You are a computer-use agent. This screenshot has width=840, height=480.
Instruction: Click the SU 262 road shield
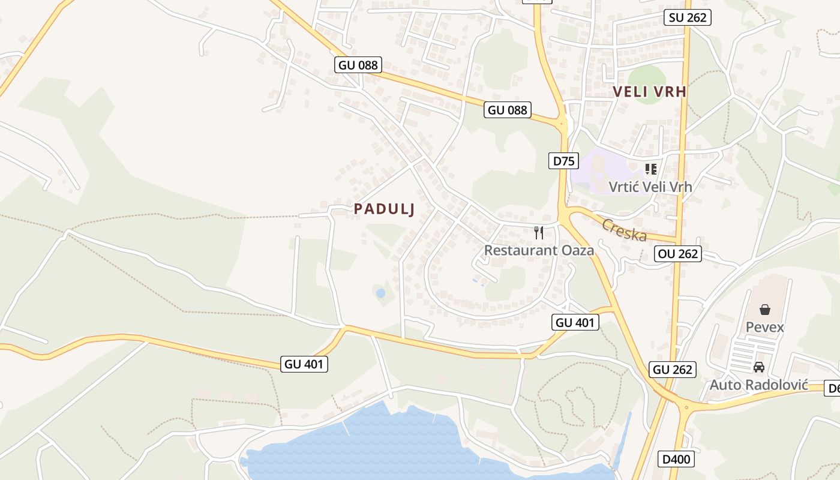click(x=688, y=17)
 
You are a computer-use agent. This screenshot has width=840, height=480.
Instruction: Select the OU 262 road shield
click(x=678, y=254)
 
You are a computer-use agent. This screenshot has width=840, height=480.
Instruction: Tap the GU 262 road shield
click(x=673, y=370)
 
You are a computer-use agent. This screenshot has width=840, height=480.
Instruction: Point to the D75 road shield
click(x=563, y=161)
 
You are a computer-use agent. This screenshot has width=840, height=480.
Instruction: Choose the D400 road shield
click(x=677, y=460)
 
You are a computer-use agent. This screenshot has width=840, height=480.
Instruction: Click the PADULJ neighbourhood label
click(x=385, y=209)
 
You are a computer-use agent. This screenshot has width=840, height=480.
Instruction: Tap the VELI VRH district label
click(x=650, y=92)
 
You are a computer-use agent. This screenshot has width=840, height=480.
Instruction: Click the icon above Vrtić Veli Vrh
click(x=651, y=169)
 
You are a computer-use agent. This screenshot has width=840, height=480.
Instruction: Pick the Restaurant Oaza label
click(x=539, y=250)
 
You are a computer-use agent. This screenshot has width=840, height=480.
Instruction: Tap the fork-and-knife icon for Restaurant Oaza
click(x=539, y=233)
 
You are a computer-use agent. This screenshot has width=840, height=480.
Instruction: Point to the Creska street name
click(x=624, y=230)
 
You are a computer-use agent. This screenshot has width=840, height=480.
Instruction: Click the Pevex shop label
click(x=765, y=327)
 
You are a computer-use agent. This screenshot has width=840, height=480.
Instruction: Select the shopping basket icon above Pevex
click(x=765, y=310)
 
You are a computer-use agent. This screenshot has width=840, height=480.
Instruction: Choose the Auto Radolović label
click(x=759, y=385)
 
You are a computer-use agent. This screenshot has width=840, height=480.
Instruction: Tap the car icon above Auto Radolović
click(x=759, y=367)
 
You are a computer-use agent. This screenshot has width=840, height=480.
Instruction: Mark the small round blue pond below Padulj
click(x=380, y=293)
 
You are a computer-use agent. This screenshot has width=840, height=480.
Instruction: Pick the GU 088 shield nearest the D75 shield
click(x=508, y=110)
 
